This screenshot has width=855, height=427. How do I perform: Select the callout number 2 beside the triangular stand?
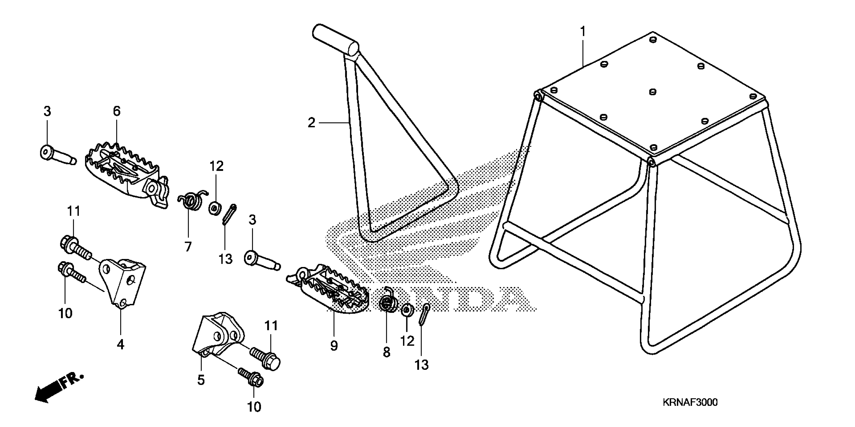[311, 123]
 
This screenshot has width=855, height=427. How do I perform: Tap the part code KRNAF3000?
[690, 402]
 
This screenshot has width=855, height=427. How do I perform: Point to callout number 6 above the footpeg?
[117, 112]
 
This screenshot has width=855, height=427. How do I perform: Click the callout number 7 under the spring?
[188, 247]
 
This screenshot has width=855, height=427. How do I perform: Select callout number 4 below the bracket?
[121, 344]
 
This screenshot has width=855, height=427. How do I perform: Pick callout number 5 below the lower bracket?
[201, 380]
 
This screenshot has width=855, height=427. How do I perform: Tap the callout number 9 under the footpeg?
[334, 346]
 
